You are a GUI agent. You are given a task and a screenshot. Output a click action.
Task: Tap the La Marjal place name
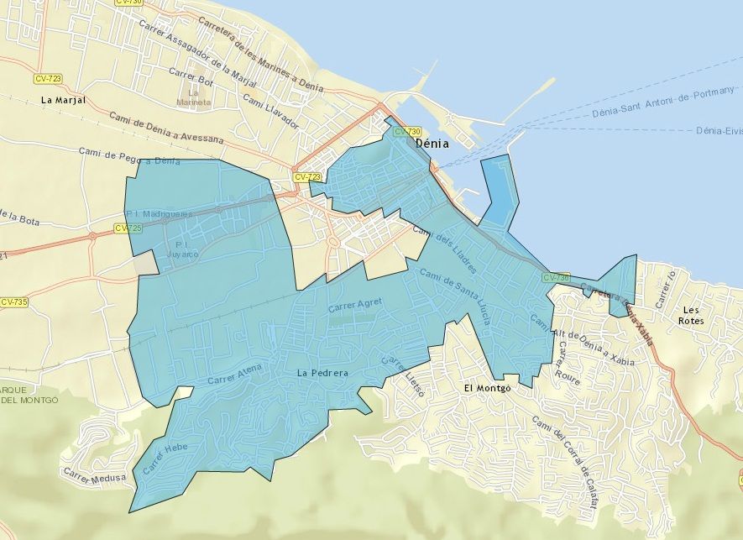(63, 100)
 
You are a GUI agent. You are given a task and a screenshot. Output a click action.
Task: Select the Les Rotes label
(692, 315)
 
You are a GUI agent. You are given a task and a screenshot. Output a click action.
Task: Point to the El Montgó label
(487, 388)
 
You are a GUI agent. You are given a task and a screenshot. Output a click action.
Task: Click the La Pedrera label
(323, 373)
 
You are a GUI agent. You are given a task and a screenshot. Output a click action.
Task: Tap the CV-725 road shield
(128, 228)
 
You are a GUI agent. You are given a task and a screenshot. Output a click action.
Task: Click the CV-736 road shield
(557, 277)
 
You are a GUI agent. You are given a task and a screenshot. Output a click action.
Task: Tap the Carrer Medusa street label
(97, 480)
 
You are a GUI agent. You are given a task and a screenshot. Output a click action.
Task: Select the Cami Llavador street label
(270, 111)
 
